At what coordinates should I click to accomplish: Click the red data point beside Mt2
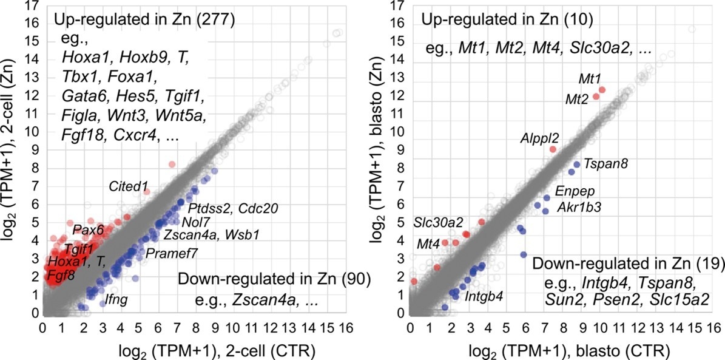point(596,96)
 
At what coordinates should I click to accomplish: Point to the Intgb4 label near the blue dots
point(484,298)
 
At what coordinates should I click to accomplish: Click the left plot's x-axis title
point(193,350)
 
